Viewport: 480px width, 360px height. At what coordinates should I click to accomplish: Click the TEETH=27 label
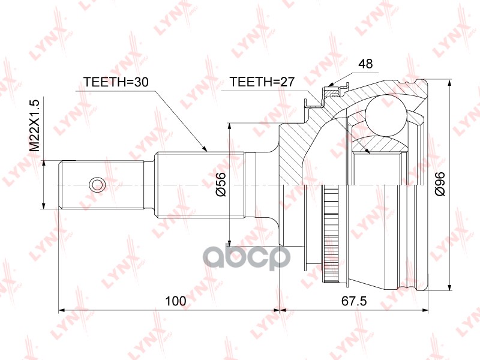click(262, 83)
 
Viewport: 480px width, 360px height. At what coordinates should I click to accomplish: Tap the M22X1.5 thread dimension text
click(35, 124)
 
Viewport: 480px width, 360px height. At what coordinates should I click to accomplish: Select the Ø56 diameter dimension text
click(220, 183)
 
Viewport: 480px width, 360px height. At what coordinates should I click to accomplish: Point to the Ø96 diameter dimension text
click(440, 183)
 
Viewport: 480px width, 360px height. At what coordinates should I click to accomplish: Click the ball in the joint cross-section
click(385, 114)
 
